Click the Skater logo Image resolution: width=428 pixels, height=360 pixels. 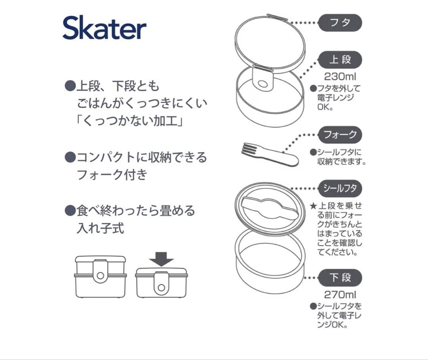pyautogui.click(x=105, y=28)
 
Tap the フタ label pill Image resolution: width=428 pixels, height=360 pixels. pyautogui.click(x=340, y=23)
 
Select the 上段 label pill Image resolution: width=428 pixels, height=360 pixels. pyautogui.click(x=340, y=60)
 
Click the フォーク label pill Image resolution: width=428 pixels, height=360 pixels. pyautogui.click(x=340, y=135)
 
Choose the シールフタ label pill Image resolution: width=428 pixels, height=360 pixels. pyautogui.click(x=340, y=188)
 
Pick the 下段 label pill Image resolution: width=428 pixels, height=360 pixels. pyautogui.click(x=340, y=278)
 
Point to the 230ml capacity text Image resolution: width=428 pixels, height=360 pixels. pyautogui.click(x=340, y=77)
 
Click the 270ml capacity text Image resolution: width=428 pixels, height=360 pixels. pyautogui.click(x=340, y=295)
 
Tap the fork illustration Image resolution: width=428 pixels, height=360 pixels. pyautogui.click(x=270, y=155)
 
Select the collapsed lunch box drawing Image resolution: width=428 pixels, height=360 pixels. pyautogui.click(x=162, y=283)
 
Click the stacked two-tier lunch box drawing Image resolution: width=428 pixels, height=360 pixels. pyautogui.click(x=100, y=277)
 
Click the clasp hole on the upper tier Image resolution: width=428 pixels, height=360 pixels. pyautogui.click(x=263, y=84)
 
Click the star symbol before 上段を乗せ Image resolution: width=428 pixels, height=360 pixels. pyautogui.click(x=313, y=206)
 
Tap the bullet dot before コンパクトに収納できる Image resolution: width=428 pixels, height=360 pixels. pyautogui.click(x=70, y=157)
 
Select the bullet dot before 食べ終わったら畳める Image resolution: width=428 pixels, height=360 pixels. pyautogui.click(x=70, y=211)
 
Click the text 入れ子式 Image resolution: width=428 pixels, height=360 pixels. pyautogui.click(x=100, y=228)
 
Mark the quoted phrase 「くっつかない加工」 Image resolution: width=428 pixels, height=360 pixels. pyautogui.click(x=130, y=121)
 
